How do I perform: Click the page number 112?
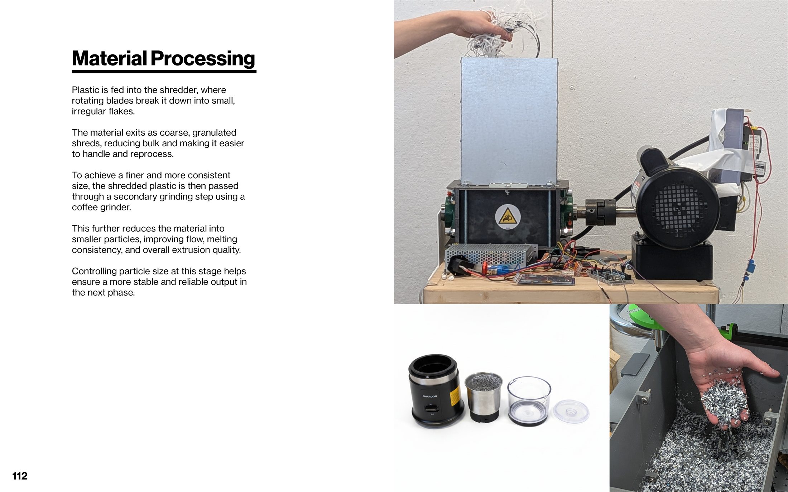tap(20, 476)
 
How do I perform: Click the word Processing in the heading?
tap(203, 59)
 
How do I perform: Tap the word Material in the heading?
tap(109, 59)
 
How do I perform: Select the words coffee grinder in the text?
tap(101, 207)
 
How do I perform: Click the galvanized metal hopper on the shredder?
tap(509, 120)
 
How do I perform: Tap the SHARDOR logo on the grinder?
tap(430, 396)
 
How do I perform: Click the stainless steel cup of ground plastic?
tap(484, 395)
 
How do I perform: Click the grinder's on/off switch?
tap(431, 408)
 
